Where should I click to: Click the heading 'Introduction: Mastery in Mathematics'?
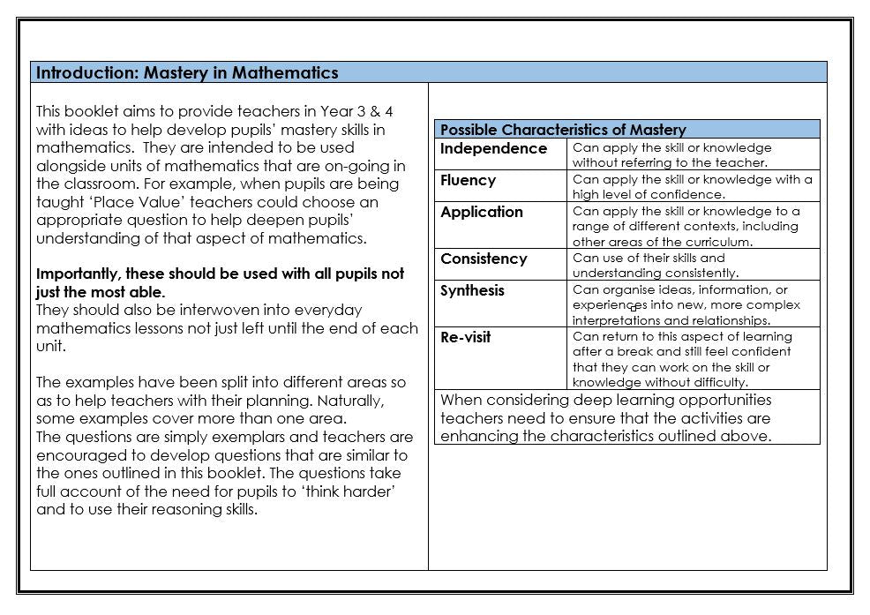[187, 72]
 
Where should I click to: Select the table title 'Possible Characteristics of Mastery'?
[563, 130]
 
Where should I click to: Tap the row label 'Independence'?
[493, 148]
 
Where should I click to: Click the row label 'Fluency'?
[468, 180]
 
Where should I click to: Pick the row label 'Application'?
[481, 212]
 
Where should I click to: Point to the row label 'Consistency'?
[484, 259]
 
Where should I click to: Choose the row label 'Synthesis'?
[473, 290]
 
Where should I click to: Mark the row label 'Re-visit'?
[465, 337]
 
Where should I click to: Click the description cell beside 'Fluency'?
[692, 186]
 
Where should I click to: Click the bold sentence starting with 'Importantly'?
[220, 282]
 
